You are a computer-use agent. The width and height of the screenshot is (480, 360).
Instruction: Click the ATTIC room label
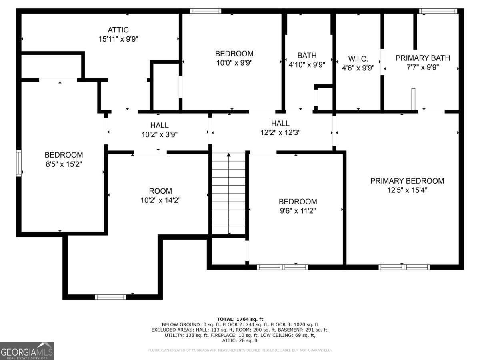tap(118, 30)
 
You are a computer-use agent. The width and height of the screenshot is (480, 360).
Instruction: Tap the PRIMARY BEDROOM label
tap(407, 181)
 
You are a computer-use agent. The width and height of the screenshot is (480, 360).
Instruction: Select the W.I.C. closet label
tap(358, 59)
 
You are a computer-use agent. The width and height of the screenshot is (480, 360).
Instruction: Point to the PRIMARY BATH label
tap(422, 58)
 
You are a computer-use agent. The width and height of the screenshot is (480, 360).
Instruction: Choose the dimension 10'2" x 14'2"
tap(160, 200)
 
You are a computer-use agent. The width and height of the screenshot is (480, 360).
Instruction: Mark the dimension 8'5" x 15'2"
tap(64, 164)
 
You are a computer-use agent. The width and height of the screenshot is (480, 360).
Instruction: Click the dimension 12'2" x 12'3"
tap(280, 132)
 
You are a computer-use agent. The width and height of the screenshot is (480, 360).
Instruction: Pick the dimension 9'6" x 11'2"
tap(298, 211)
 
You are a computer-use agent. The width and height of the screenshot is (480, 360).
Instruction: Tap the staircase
tap(228, 194)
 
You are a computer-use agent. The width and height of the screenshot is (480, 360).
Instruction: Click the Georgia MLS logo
tap(27, 351)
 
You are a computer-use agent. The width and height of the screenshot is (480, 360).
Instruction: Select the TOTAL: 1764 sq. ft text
tap(240, 319)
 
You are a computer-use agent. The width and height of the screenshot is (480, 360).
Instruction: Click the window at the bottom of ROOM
tap(110, 297)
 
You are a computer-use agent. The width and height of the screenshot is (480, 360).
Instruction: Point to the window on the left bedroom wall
tap(18, 163)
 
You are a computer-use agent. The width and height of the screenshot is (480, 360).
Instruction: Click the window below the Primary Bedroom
tap(404, 267)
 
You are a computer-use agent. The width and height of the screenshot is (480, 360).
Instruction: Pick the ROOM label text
tap(160, 191)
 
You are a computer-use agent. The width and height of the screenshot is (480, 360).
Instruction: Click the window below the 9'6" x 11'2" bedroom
tap(282, 267)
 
